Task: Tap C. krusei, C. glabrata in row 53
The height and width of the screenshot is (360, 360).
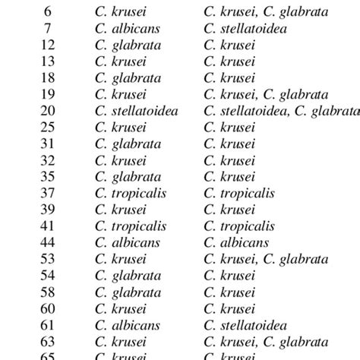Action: (266, 259)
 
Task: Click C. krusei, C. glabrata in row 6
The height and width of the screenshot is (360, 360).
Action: (266, 11)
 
